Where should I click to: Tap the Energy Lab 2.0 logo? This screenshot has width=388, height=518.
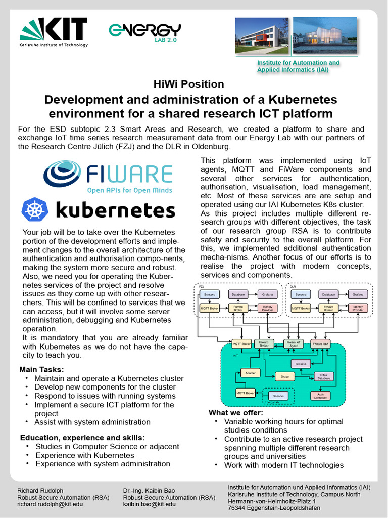tap(144, 32)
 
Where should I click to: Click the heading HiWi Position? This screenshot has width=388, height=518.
tap(188, 84)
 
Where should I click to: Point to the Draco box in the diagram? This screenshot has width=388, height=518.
tap(284, 376)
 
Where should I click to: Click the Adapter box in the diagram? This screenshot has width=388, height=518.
tap(250, 373)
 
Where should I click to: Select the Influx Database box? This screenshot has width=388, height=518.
tap(324, 376)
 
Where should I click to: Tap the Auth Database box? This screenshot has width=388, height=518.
tap(320, 396)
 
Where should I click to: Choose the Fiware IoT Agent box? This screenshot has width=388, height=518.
tap(294, 344)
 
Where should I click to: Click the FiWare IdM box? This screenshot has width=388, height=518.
tap(321, 344)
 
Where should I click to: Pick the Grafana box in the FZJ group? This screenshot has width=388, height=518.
tap(267, 294)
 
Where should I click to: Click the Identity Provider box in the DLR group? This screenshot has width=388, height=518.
tap(358, 308)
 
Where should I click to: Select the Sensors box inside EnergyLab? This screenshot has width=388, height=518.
tap(277, 396)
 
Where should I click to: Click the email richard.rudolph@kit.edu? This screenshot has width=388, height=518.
tap(50, 504)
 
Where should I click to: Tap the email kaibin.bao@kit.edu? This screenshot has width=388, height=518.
tap(150, 504)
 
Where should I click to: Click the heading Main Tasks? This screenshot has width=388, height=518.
tap(41, 369)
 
